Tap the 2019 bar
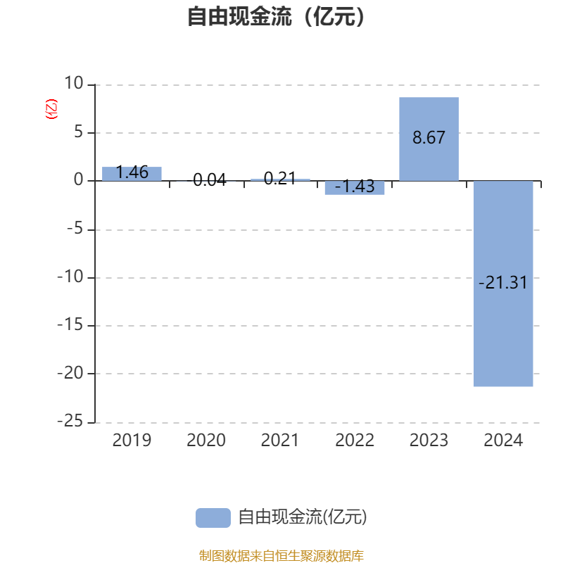132,174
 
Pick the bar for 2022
355,188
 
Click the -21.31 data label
502,284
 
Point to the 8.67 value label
429,138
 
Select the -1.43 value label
355,187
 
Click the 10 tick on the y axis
73,84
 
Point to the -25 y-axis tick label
70,422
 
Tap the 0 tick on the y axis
78,181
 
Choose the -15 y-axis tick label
70,326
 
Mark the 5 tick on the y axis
78,132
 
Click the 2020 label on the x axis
206,441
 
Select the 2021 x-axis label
280,441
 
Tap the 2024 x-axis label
503,441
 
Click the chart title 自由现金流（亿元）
277,17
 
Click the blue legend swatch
213,517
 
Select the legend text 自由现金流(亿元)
303,517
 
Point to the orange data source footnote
281,556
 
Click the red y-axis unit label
51,110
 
